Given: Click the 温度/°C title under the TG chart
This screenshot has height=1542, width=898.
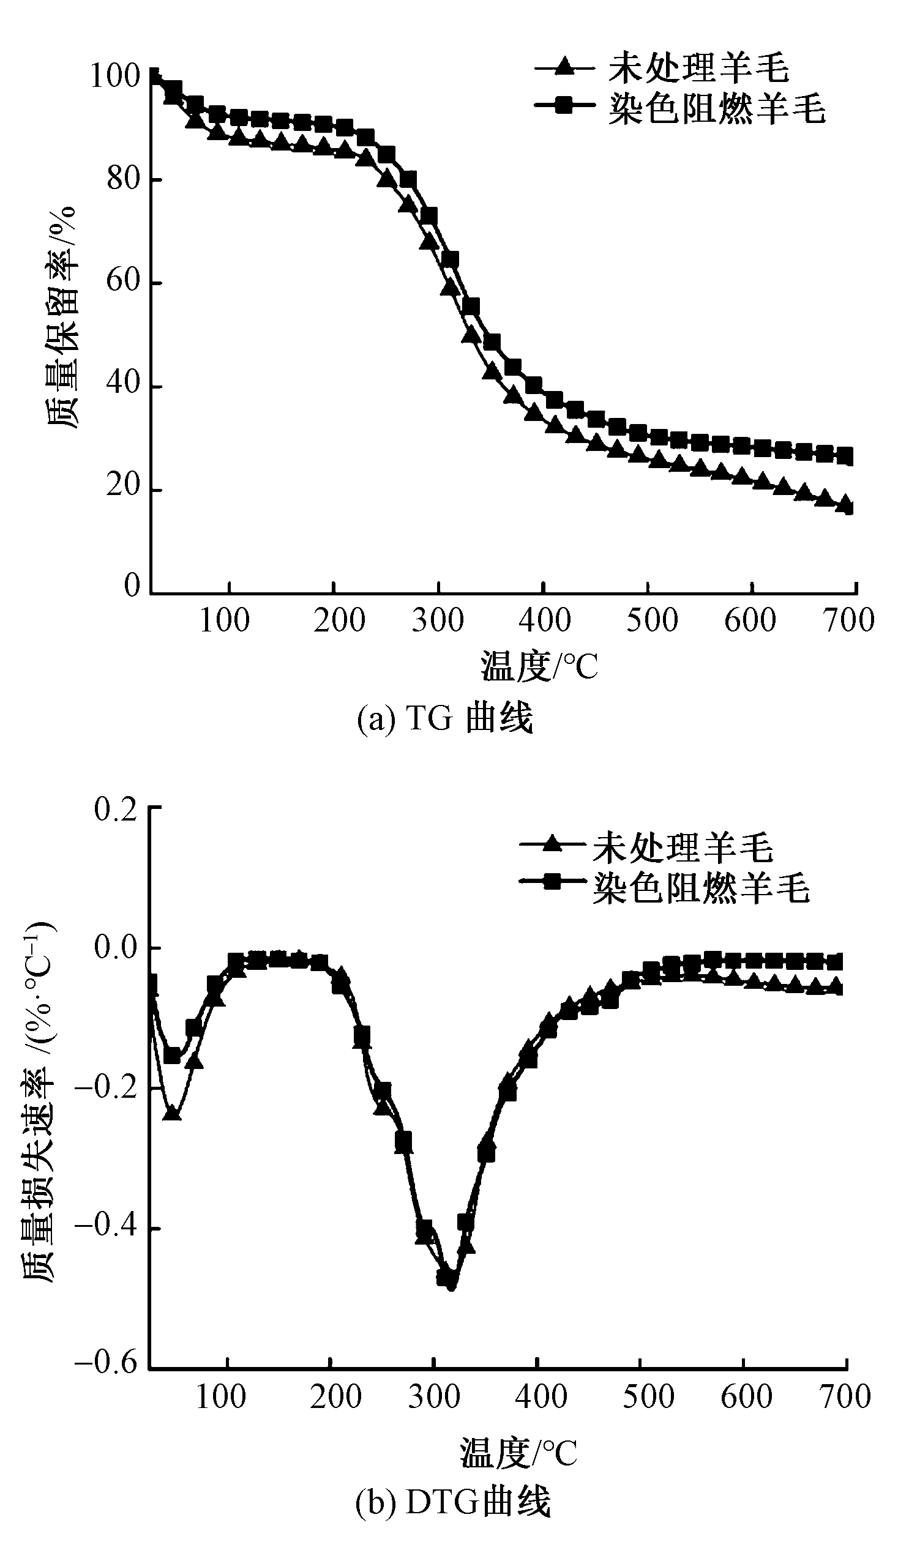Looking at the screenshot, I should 539,667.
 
